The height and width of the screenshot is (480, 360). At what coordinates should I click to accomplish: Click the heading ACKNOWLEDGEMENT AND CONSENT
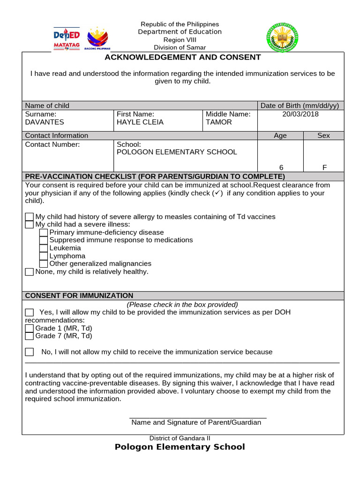coord(182,57)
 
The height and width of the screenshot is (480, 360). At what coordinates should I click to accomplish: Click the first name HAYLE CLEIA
coord(140,122)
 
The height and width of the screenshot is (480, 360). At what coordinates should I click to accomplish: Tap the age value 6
coord(280,168)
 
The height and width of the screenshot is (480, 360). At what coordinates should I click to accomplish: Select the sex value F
coord(323,168)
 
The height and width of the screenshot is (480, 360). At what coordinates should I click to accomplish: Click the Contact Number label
coord(52,144)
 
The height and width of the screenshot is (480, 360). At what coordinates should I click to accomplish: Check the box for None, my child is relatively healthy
coord(29,272)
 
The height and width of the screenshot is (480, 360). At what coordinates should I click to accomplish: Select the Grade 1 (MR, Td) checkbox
coord(29,328)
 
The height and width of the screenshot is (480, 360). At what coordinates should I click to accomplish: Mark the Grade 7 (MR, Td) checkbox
coord(29,336)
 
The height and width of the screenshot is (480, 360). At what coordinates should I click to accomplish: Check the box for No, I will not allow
coord(29,352)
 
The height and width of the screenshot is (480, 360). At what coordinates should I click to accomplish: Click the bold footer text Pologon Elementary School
coord(180,447)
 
